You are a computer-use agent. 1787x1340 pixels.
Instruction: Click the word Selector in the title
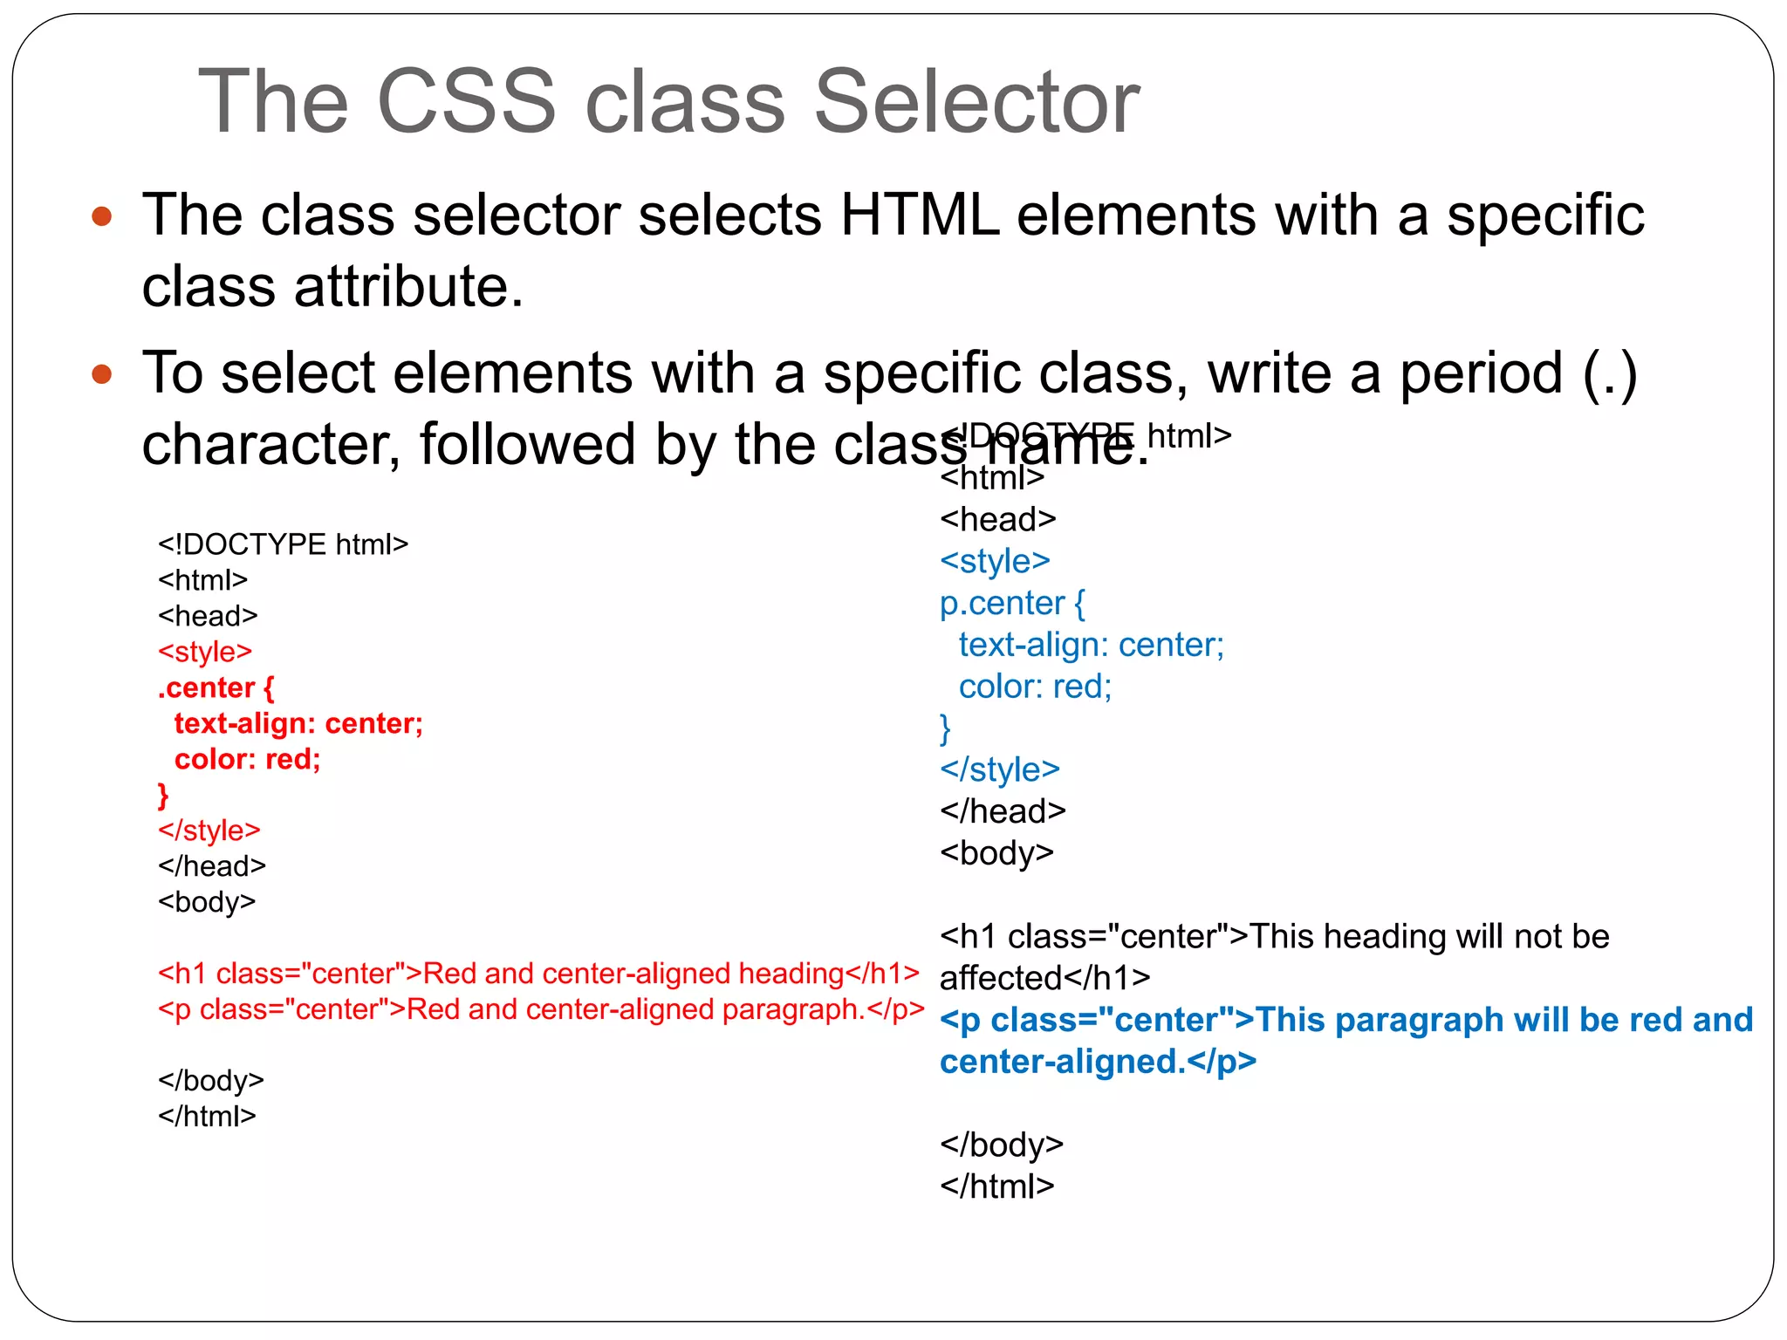[x=976, y=102]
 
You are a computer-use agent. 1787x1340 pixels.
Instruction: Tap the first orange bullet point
[x=102, y=215]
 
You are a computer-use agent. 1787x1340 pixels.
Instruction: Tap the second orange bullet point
[x=102, y=374]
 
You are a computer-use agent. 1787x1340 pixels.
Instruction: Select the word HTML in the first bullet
[x=919, y=215]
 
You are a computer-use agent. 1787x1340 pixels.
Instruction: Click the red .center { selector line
[x=216, y=687]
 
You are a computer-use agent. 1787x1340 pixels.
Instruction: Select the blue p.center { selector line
[x=1012, y=603]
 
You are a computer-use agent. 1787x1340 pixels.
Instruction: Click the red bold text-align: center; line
[x=298, y=723]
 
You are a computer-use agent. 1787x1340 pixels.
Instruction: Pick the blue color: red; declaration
[x=1035, y=687]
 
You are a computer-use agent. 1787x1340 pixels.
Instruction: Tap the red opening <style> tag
[x=205, y=652]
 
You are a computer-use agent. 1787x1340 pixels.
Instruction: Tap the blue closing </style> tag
[x=1000, y=769]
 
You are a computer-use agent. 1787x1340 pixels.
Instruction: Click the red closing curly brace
[x=163, y=795]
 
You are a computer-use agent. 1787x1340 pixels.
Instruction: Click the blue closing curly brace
[x=945, y=728]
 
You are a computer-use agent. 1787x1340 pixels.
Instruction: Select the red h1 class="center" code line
[x=538, y=973]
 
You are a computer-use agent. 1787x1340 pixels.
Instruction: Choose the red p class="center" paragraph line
[x=541, y=1008]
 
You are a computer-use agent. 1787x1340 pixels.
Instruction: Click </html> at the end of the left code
[x=207, y=1116]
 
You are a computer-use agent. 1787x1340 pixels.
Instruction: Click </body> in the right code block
[x=1002, y=1145]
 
